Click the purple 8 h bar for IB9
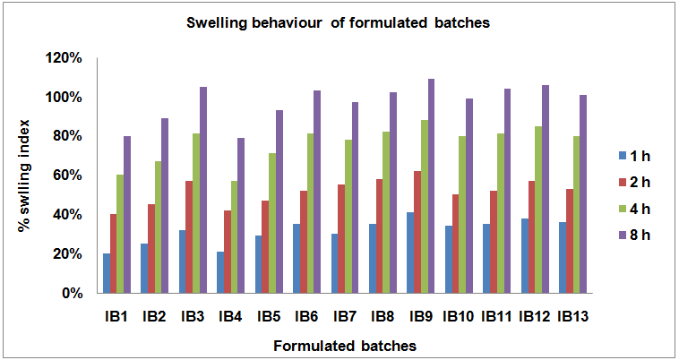pos(431,186)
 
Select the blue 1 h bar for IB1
pos(107,273)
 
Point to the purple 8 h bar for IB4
pos(241,215)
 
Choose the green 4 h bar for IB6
pos(309,213)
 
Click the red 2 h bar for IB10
pos(456,244)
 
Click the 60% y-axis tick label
pos(68,176)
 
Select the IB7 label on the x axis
pos(346,316)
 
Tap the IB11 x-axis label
pos(496,316)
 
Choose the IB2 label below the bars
pos(154,316)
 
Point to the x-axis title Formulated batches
pos(345,344)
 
